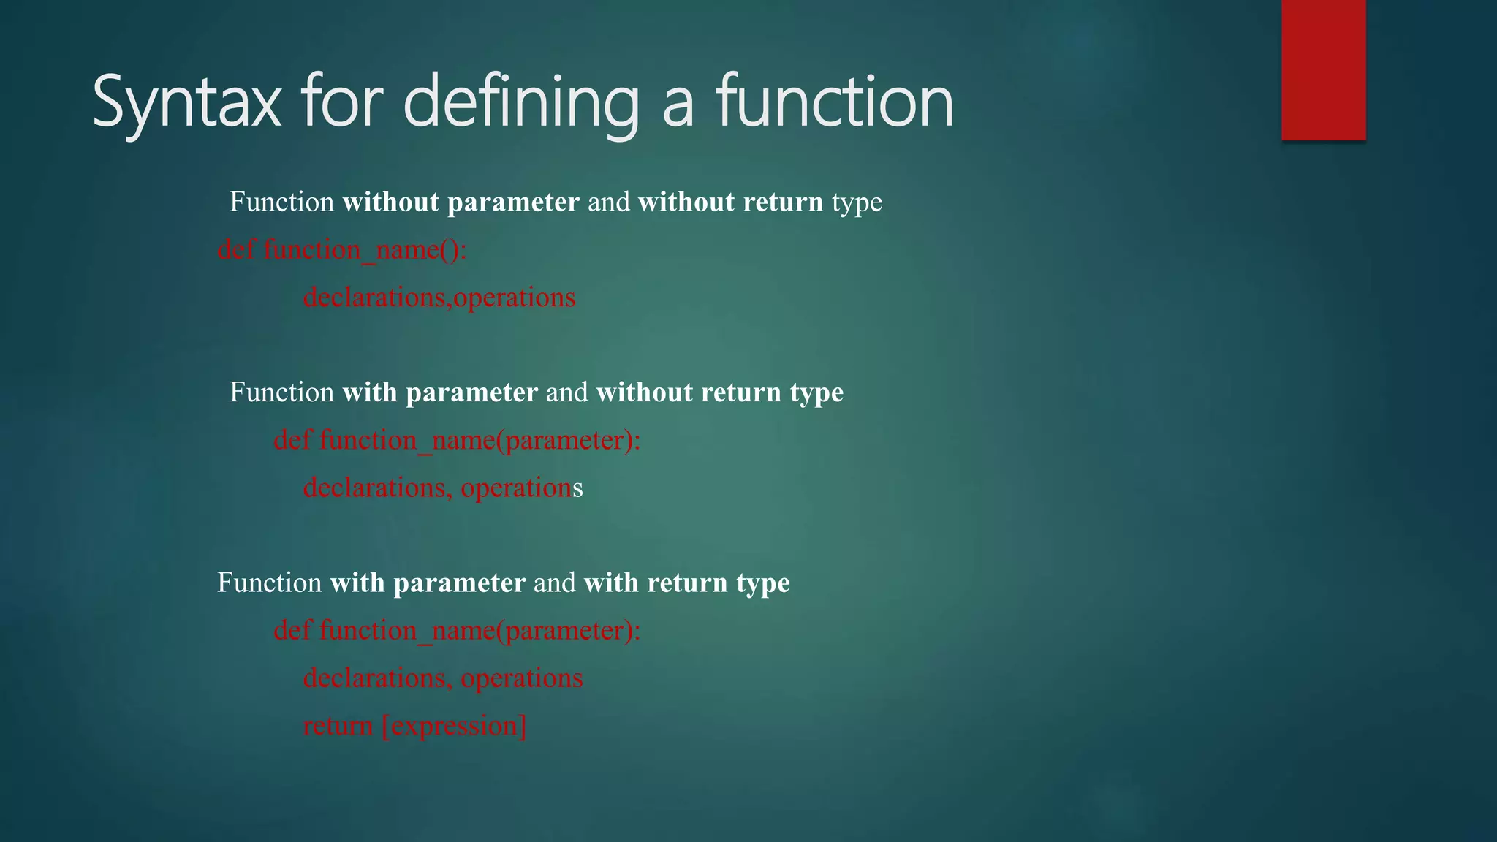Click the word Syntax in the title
coord(186,102)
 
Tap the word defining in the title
coord(520,102)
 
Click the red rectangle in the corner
coord(1323,69)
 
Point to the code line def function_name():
coord(342,250)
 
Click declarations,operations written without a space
coord(439,297)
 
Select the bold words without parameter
coord(461,202)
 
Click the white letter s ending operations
coord(578,488)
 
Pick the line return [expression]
coord(414,726)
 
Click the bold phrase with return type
coord(686,583)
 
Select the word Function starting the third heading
coord(269,583)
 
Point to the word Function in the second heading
coord(281,392)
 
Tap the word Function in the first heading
coord(281,202)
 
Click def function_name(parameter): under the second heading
coord(457,440)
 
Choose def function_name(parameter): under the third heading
coord(457,630)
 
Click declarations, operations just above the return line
coord(443,678)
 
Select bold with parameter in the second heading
coord(440,392)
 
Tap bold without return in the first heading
coord(730,202)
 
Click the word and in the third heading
coord(554,583)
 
